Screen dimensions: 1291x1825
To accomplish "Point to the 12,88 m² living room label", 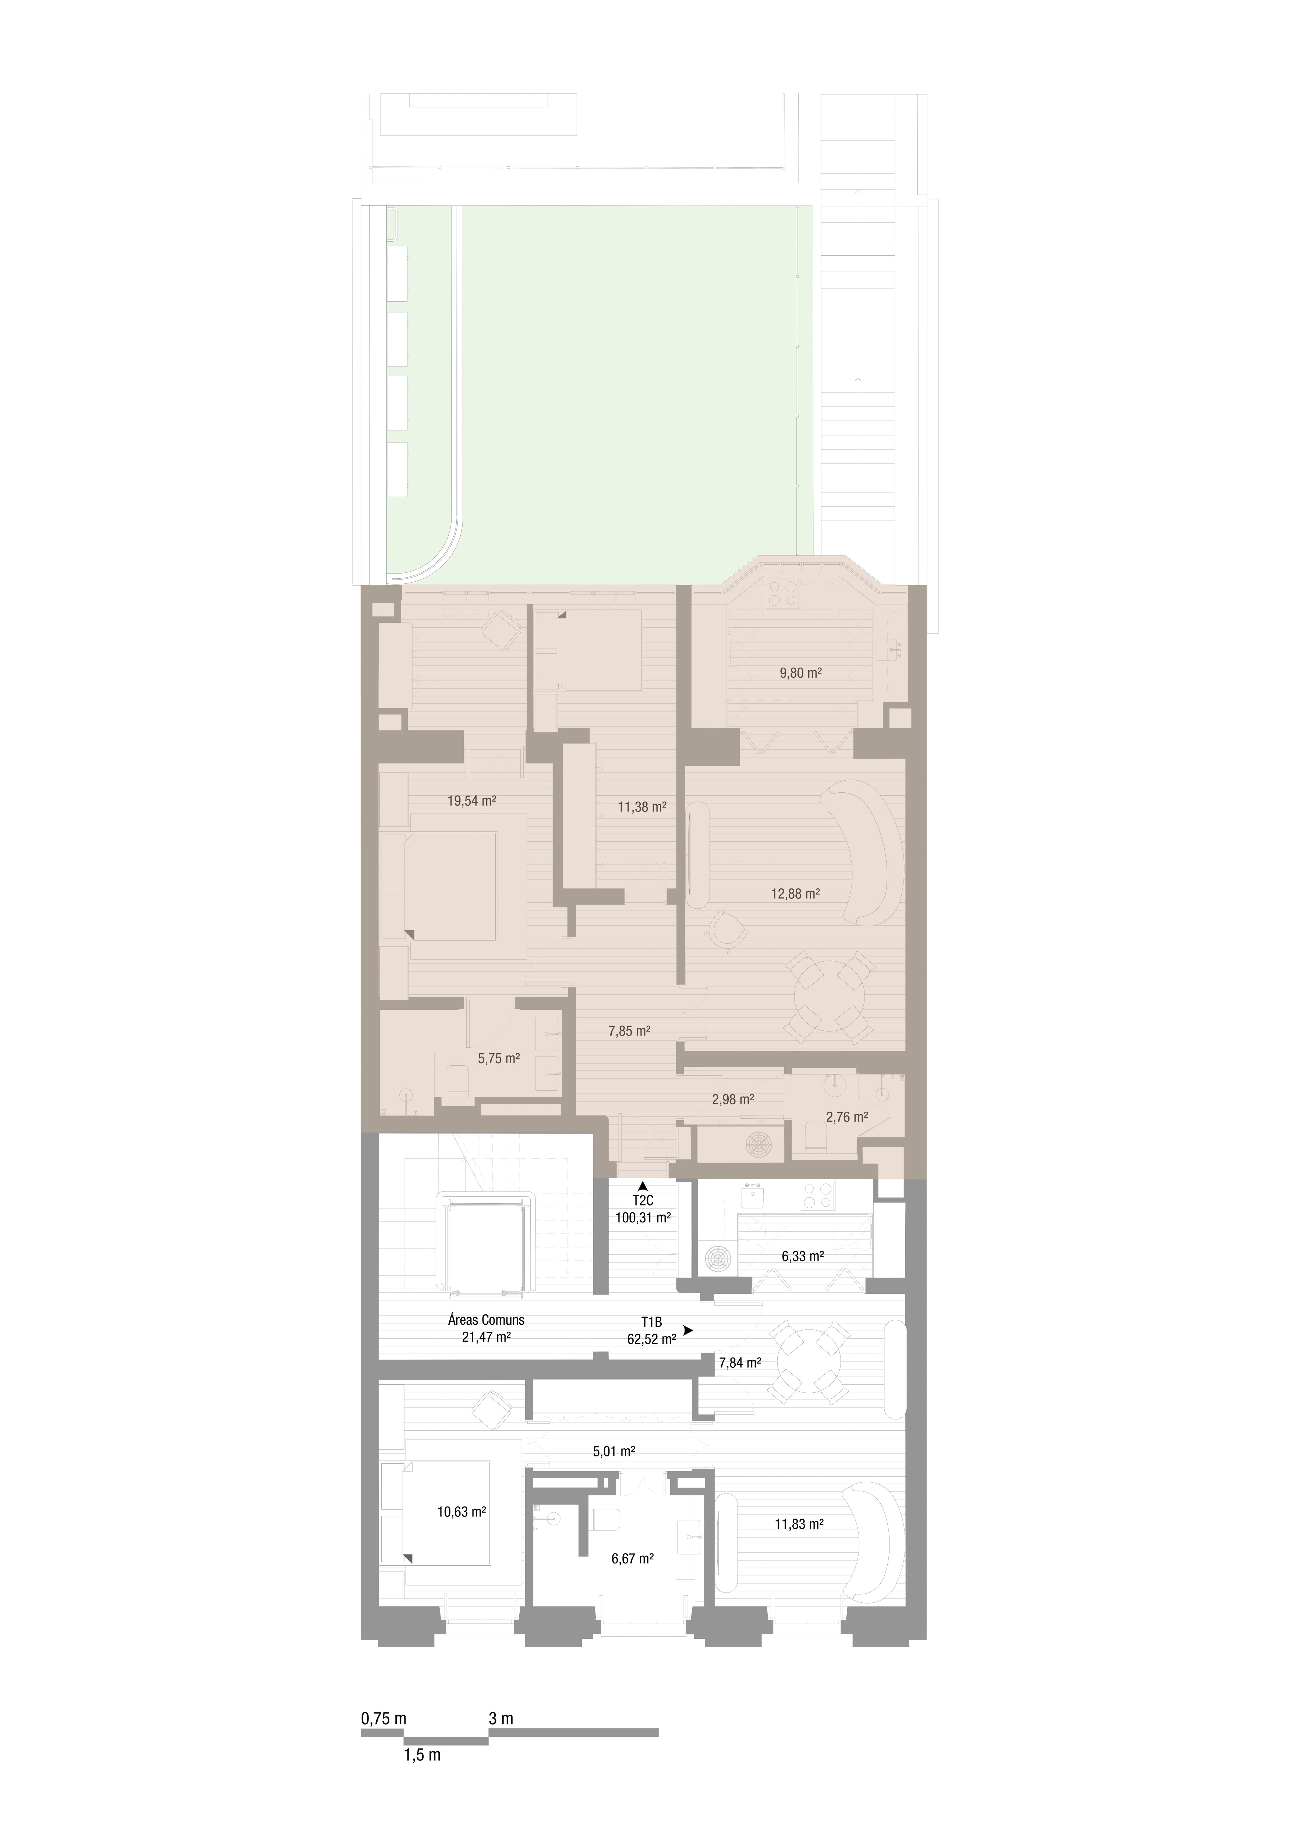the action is (x=796, y=894).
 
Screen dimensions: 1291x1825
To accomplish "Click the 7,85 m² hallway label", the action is (x=630, y=1031).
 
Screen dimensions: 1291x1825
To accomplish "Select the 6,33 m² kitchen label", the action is (x=802, y=1257).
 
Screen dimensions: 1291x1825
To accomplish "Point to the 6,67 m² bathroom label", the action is (x=633, y=1559).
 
